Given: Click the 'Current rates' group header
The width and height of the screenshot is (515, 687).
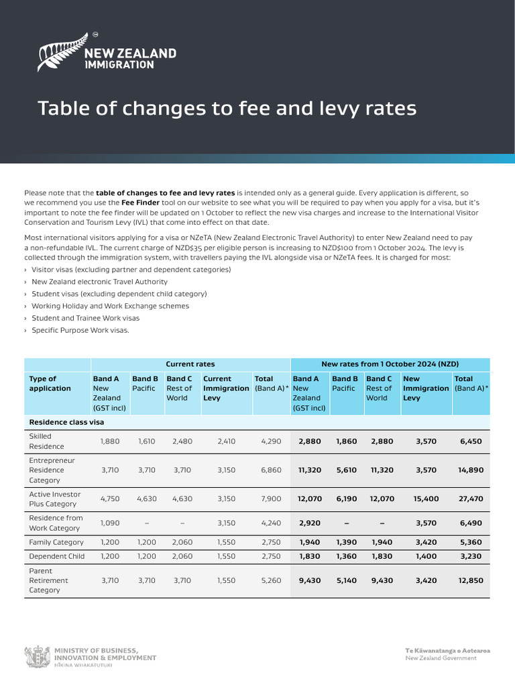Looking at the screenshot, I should tap(190, 364).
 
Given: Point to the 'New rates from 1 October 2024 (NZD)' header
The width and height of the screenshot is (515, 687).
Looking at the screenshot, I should tap(390, 364).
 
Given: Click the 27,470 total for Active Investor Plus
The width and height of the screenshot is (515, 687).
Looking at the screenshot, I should tap(471, 499).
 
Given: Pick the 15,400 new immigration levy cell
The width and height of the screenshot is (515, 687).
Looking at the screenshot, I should tap(426, 499).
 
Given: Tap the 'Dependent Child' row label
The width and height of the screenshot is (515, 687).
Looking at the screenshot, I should tap(56, 556).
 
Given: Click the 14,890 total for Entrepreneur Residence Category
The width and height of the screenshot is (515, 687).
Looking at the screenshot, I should tap(471, 470).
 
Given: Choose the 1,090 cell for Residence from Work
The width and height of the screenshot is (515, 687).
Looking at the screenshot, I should tap(110, 523).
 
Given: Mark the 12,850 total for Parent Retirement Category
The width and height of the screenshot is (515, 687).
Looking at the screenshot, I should tap(471, 581).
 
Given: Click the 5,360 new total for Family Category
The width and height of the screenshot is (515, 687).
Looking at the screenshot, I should tap(471, 542).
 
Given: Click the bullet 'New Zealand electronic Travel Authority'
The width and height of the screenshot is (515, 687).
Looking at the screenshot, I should tap(99, 282).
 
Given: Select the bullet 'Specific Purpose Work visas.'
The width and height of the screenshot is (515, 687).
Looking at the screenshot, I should tap(80, 330).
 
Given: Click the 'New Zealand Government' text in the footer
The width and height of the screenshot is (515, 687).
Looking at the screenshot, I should tap(441, 658).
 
